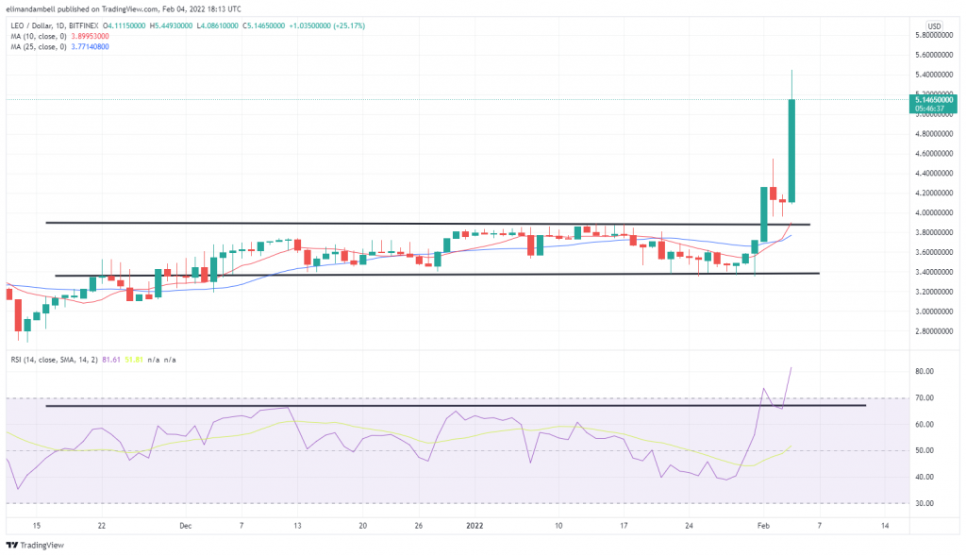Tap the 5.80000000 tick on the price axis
coord(934,35)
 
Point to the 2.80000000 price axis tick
coord(934,331)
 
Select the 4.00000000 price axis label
coord(934,212)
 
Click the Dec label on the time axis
coord(185,525)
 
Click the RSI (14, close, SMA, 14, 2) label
coord(57,361)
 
